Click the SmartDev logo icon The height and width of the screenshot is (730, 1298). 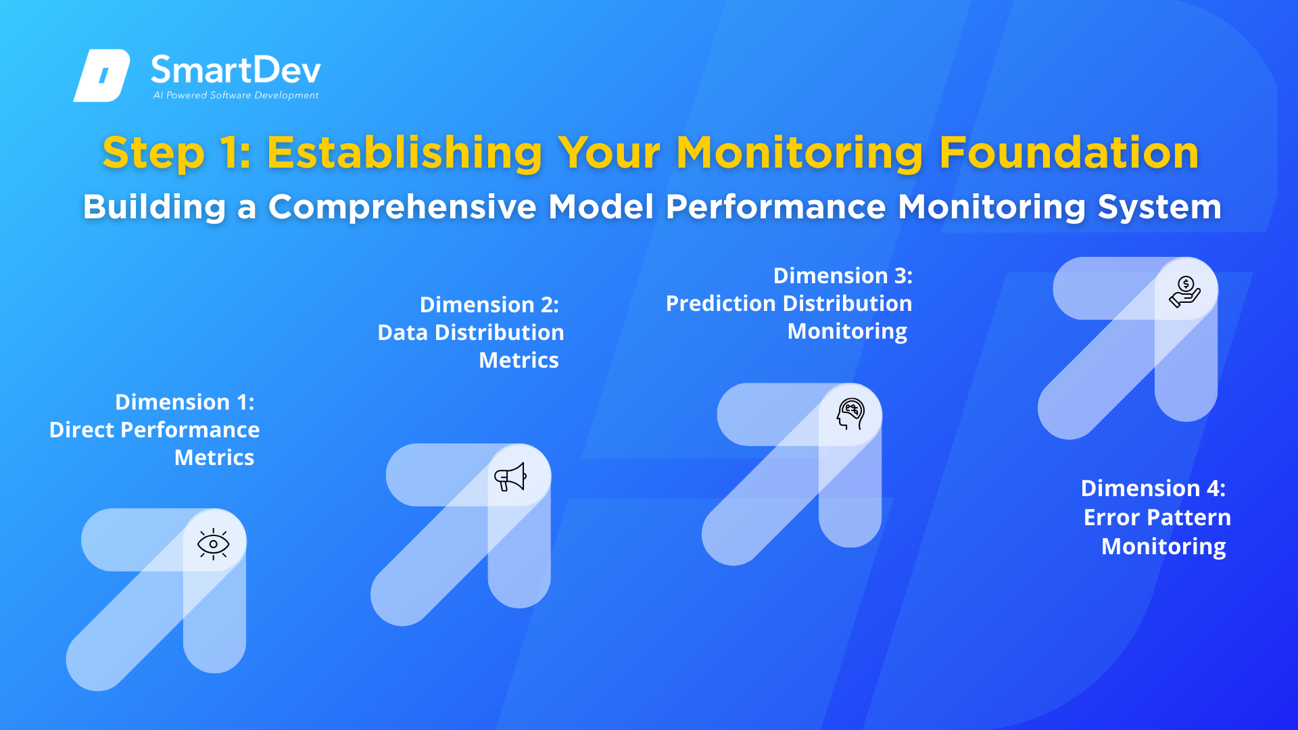[101, 75]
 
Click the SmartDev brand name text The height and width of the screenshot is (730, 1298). [236, 70]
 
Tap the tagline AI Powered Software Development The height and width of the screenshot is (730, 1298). [236, 95]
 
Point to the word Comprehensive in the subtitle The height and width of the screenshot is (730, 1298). [402, 207]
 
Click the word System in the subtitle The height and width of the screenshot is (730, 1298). [1159, 207]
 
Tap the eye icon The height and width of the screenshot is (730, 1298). [214, 544]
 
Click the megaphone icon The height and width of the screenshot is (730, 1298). [510, 477]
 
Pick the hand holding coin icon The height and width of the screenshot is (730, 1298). [1185, 291]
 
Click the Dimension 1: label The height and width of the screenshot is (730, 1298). [185, 402]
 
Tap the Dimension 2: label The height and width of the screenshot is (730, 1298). [489, 305]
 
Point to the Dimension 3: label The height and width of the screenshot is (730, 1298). [843, 276]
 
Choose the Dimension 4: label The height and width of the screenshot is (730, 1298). [1153, 488]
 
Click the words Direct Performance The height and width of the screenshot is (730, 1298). [154, 430]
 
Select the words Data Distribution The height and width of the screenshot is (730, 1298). [471, 333]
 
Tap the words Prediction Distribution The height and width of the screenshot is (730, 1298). [789, 303]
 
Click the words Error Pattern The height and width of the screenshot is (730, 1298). [1157, 517]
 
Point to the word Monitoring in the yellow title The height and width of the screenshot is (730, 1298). [800, 153]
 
